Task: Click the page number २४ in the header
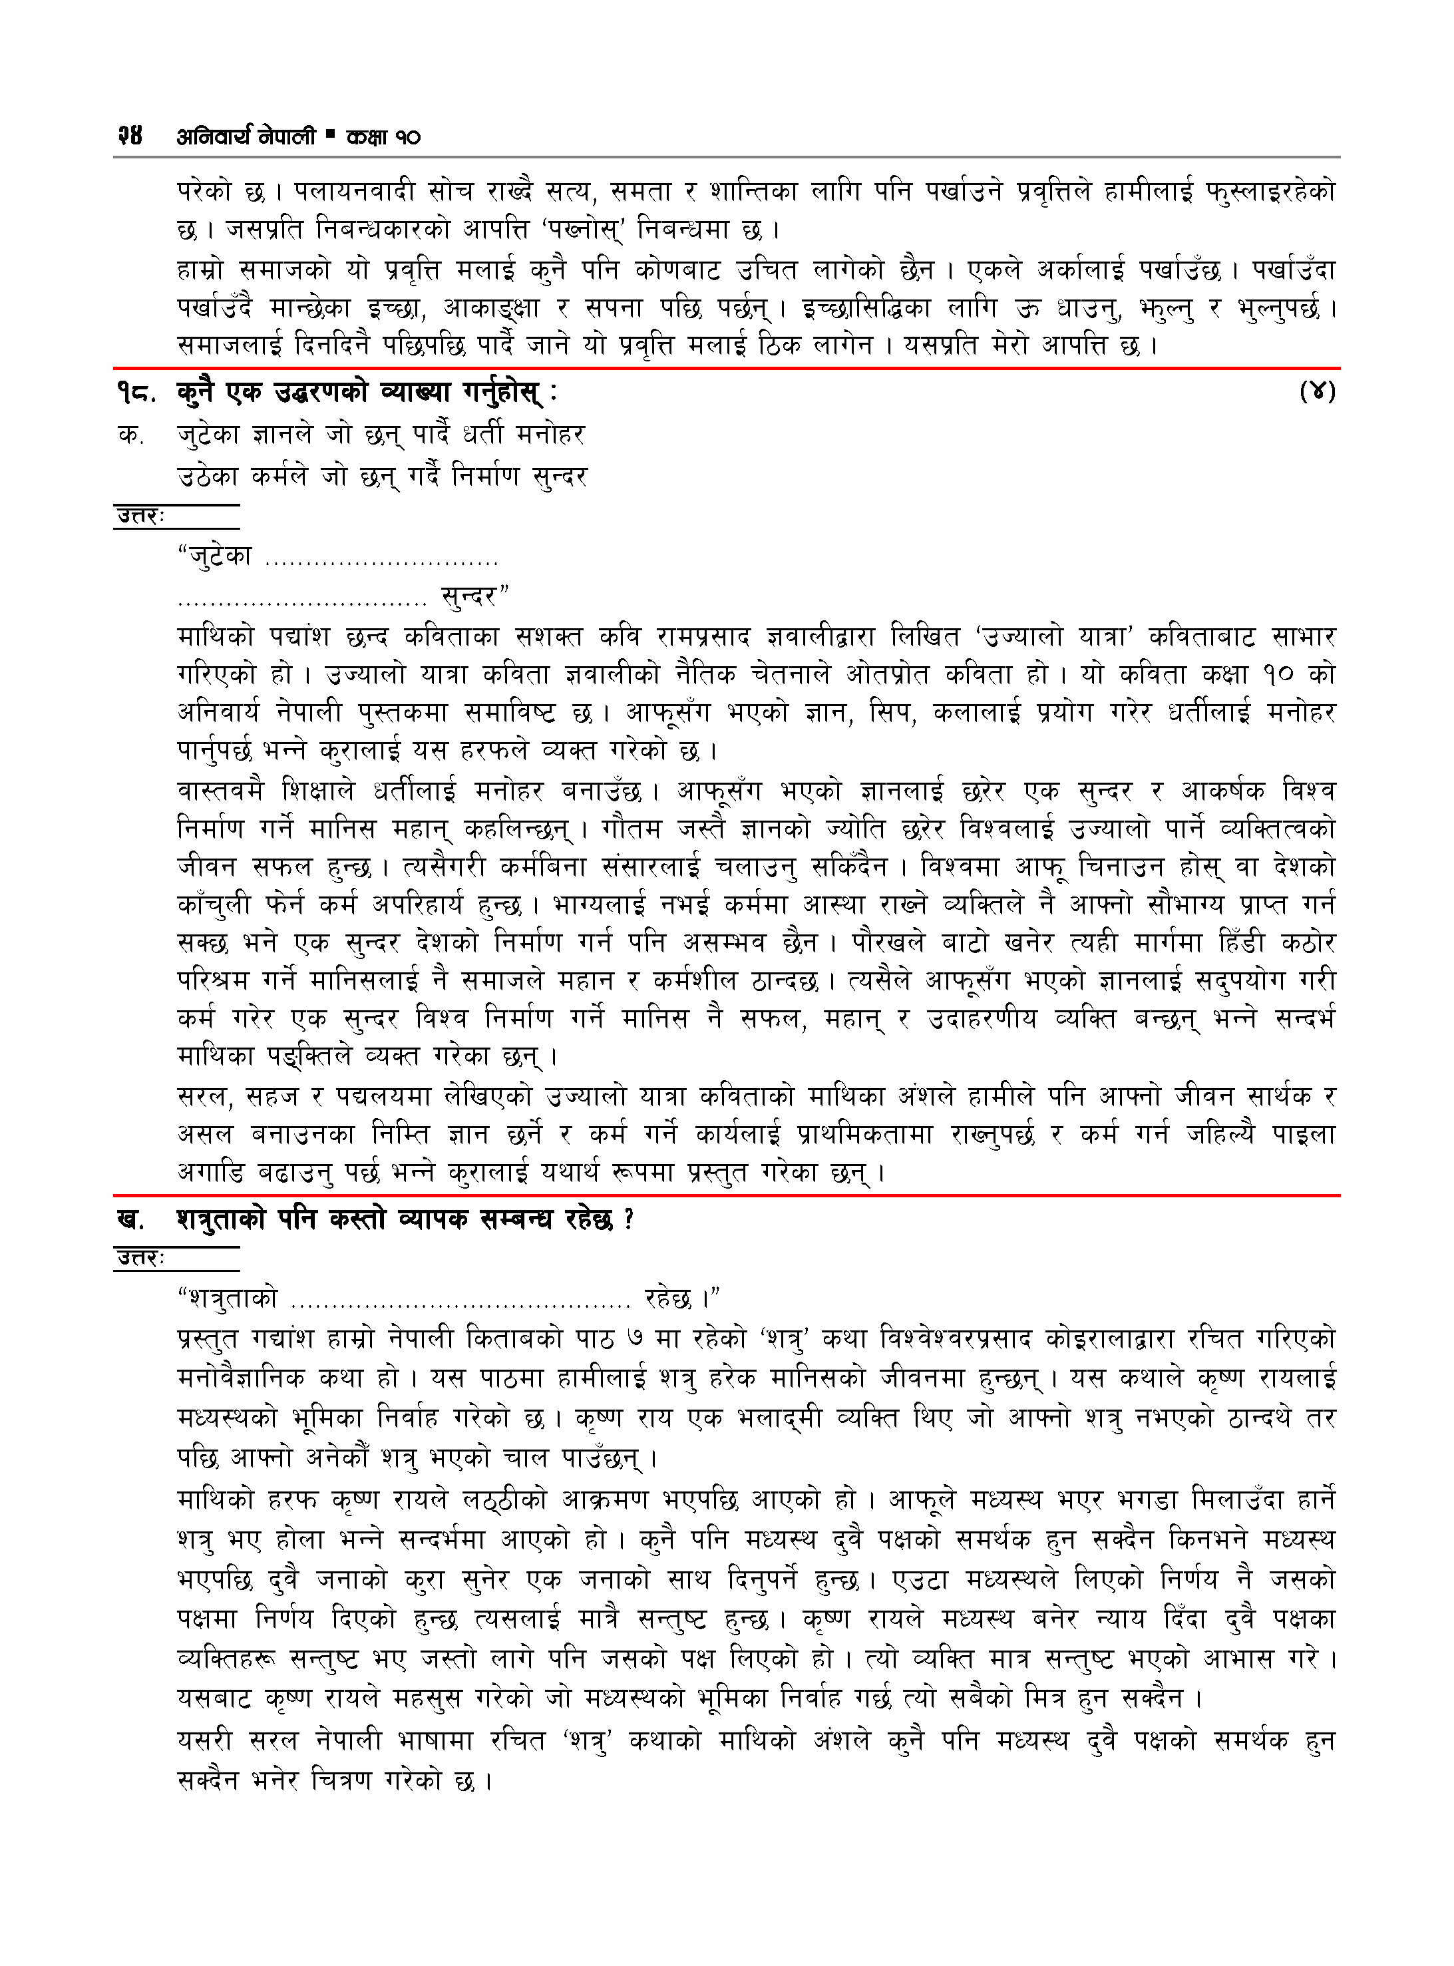[129, 136]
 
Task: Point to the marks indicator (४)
[1318, 391]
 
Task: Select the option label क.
[130, 435]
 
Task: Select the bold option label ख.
[131, 1220]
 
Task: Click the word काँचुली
[214, 904]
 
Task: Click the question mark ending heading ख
[628, 1220]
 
